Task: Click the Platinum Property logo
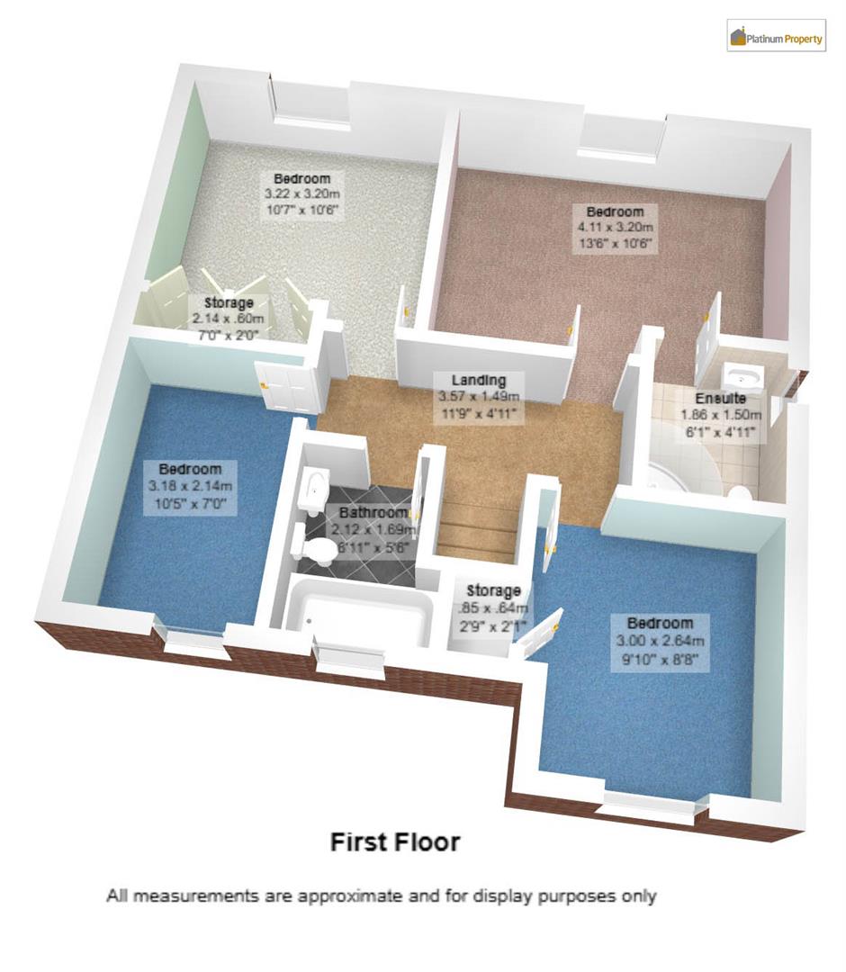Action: pos(776,37)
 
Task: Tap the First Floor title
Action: pos(395,842)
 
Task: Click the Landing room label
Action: pos(479,381)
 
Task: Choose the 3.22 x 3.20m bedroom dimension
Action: pos(302,194)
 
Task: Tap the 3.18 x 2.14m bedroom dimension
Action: pos(190,487)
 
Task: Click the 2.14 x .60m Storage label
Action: pos(229,319)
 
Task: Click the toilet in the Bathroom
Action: pos(317,550)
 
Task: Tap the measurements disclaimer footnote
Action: pos(382,896)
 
